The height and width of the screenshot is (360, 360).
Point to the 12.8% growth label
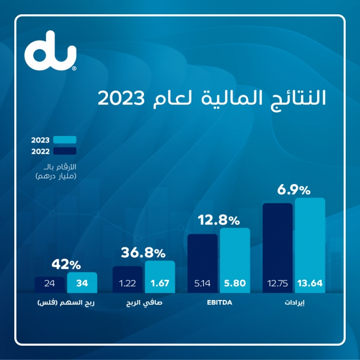[x=218, y=219]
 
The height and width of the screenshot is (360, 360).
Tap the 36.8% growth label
[x=143, y=252]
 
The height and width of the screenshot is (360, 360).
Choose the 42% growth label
[x=66, y=264]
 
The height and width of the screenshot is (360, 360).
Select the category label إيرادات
[x=294, y=304]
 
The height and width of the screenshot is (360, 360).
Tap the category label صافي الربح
[x=143, y=304]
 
